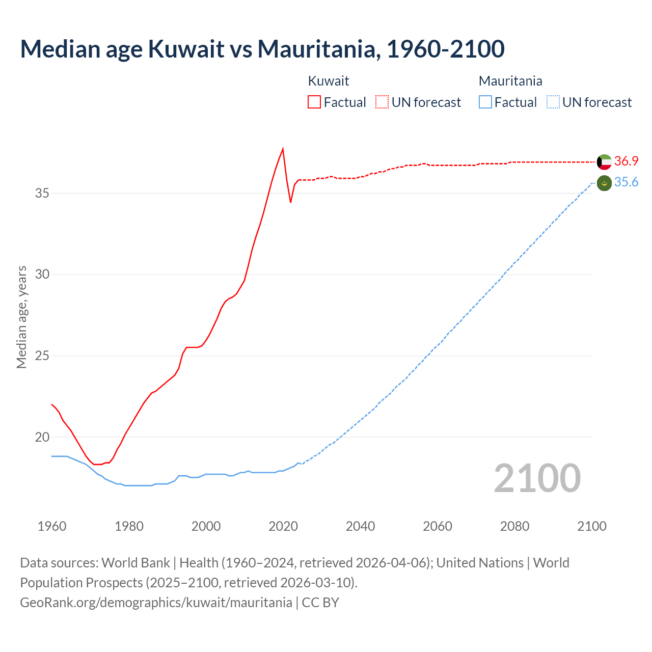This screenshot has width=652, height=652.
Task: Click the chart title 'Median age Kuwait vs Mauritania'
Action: click(262, 49)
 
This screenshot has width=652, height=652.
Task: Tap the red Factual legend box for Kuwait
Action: click(314, 102)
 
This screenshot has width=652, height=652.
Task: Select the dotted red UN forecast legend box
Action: click(382, 102)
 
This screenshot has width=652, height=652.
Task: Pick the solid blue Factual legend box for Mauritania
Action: click(485, 102)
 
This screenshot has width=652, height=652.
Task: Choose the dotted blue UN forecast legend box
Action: click(553, 102)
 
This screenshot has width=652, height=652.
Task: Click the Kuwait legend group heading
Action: click(329, 81)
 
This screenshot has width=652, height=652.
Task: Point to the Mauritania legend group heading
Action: click(510, 81)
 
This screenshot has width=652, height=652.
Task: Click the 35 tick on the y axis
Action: click(42, 193)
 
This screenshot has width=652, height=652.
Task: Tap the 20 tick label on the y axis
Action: click(42, 437)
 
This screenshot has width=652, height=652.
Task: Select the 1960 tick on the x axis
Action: click(52, 526)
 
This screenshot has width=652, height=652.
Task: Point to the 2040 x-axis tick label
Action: click(360, 526)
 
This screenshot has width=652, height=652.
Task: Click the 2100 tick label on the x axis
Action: click(591, 526)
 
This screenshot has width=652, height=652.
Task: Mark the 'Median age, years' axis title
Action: click(21, 317)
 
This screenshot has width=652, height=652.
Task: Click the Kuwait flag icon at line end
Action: click(604, 162)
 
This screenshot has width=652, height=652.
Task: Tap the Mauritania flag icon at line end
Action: click(604, 183)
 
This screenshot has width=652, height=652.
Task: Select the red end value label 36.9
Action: click(626, 161)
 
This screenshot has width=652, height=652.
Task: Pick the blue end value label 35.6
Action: click(626, 182)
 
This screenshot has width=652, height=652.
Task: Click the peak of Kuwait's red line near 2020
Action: click(283, 149)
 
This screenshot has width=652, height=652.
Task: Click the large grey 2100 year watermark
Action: click(537, 478)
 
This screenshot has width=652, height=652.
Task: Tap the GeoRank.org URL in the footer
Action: click(156, 603)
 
